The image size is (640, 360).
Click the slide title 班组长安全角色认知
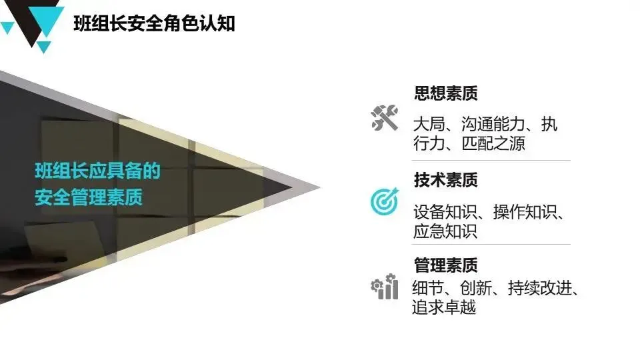click(x=154, y=24)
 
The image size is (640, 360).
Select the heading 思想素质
click(x=445, y=93)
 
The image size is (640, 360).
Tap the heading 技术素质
click(x=445, y=180)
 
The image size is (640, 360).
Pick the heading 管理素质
click(x=445, y=265)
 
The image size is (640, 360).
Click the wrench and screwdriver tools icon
click(x=384, y=118)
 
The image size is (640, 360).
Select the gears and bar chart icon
click(x=384, y=287)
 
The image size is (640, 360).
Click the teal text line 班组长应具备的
click(x=98, y=172)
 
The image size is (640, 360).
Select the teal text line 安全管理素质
click(x=89, y=198)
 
